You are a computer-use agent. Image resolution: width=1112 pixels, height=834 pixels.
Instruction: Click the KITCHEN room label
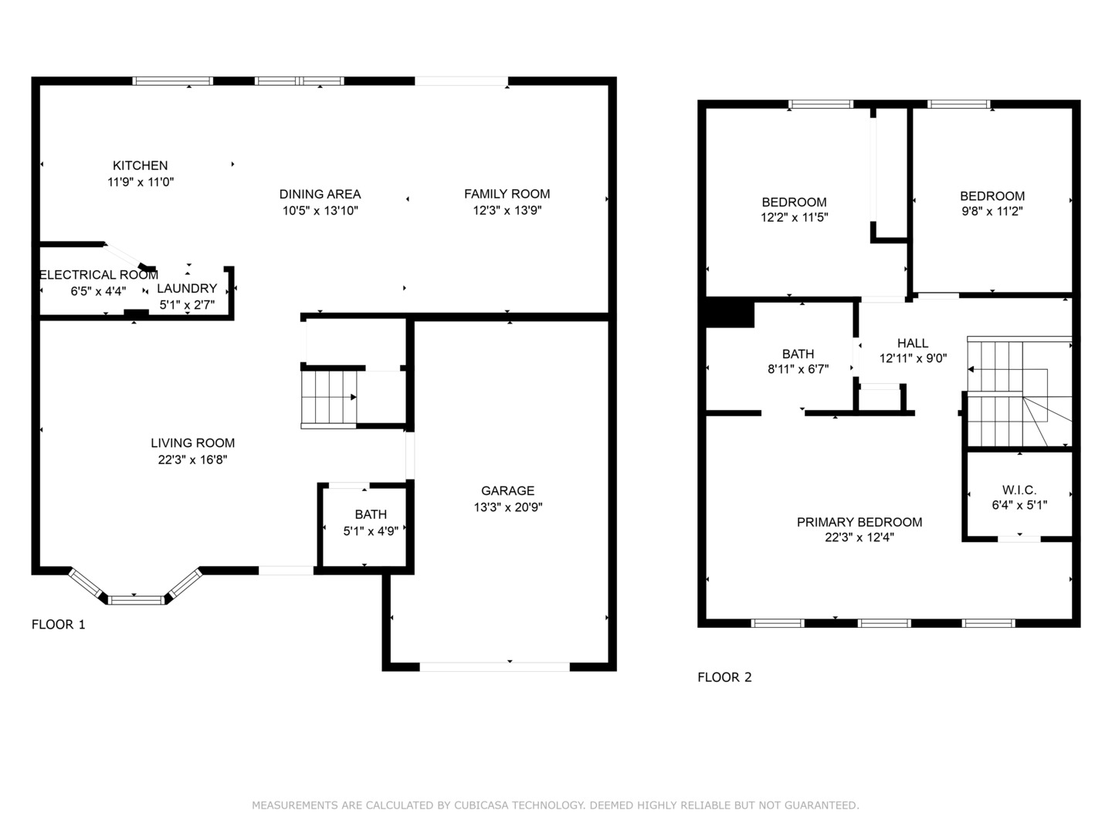(x=140, y=165)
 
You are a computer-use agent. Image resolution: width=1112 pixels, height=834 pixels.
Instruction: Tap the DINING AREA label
(x=320, y=194)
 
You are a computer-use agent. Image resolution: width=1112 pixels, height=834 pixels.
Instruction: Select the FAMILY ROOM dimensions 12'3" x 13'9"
(x=507, y=210)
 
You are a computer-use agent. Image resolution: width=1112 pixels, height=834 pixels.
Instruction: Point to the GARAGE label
(x=507, y=490)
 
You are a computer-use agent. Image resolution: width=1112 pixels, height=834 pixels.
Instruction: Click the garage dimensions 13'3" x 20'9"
(x=508, y=507)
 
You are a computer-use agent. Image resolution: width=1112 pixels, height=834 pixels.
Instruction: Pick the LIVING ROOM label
(x=192, y=443)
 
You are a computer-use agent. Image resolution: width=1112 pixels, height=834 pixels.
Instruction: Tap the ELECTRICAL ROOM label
(x=99, y=275)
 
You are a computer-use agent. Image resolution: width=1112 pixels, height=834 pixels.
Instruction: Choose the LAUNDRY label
(x=187, y=289)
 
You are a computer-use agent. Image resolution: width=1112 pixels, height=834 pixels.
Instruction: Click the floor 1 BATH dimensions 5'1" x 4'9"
(x=371, y=531)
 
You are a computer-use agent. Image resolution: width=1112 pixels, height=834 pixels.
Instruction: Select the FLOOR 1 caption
(x=58, y=625)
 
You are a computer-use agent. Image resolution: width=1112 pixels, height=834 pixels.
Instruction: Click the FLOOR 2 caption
(x=724, y=677)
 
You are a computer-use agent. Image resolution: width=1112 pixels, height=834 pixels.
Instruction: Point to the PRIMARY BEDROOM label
(x=859, y=522)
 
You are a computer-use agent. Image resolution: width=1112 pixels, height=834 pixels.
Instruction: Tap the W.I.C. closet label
(x=1019, y=490)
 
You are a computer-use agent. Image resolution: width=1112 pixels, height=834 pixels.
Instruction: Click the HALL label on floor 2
(x=913, y=344)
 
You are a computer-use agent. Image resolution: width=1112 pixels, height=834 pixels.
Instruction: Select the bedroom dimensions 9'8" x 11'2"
(x=992, y=211)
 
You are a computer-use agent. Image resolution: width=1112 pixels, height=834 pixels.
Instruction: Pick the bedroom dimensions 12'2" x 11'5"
(x=795, y=217)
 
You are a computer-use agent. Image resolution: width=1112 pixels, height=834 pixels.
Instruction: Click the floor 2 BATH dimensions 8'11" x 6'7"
(x=798, y=369)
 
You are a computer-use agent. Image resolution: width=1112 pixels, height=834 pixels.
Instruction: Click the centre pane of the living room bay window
(x=136, y=601)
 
